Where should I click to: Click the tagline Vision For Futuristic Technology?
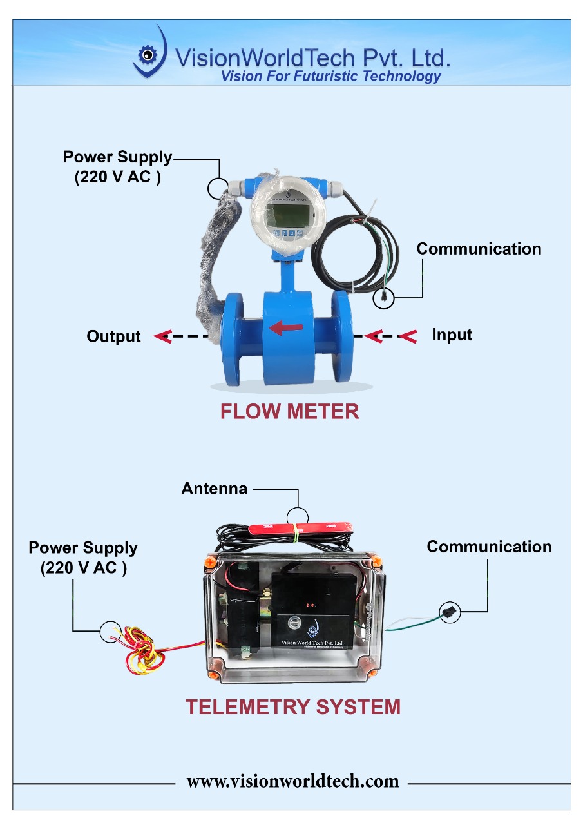tap(330, 76)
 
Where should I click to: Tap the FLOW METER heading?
tap(290, 411)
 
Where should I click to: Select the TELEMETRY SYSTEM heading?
tap(293, 707)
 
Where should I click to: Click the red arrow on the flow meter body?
tap(286, 328)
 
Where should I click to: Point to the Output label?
tap(113, 336)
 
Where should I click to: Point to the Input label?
tap(452, 335)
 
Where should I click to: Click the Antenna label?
tap(214, 489)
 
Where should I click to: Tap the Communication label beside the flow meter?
tap(479, 249)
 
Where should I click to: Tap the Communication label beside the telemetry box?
tap(489, 547)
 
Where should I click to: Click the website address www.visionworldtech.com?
tap(292, 781)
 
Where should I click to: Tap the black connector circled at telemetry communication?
tap(449, 612)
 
